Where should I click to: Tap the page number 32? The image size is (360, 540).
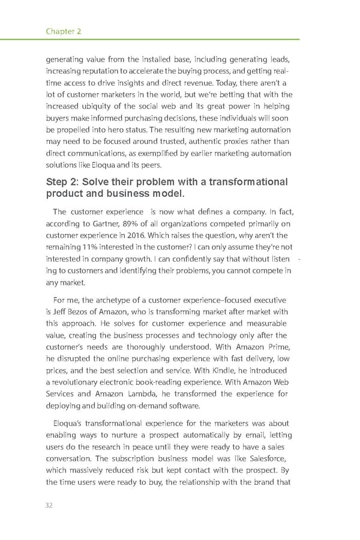click(49, 505)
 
